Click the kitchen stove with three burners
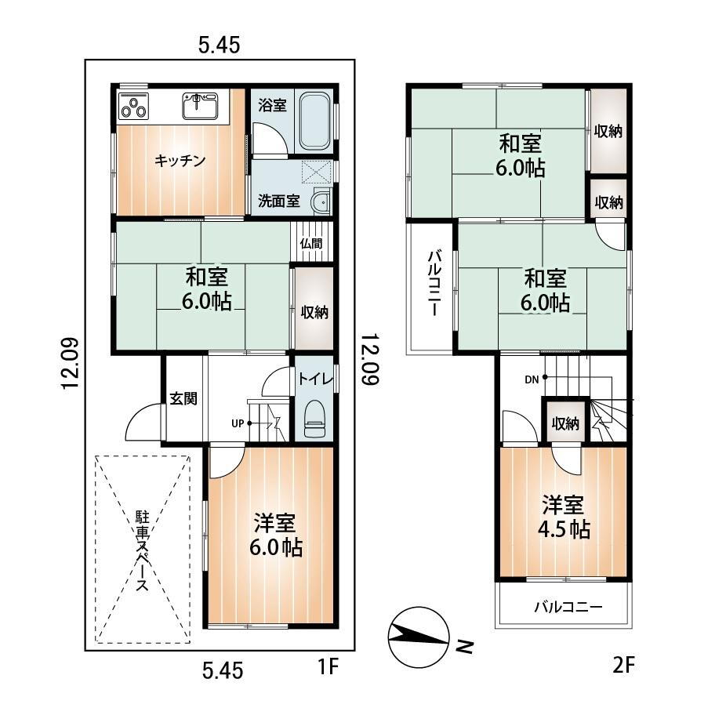click(x=134, y=106)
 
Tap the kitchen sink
click(x=200, y=105)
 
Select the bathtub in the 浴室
click(x=314, y=121)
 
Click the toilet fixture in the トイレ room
click(x=314, y=419)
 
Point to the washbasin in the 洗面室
click(x=321, y=201)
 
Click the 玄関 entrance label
click(x=183, y=398)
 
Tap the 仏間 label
click(x=311, y=244)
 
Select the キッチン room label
click(x=180, y=161)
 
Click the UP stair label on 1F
click(x=238, y=423)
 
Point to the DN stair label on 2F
click(x=532, y=379)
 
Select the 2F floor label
click(x=623, y=666)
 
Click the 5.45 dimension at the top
click(x=219, y=45)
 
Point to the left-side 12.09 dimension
click(x=72, y=364)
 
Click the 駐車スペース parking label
click(x=142, y=551)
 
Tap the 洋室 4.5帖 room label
click(x=564, y=517)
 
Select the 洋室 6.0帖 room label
click(x=276, y=535)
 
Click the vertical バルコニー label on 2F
click(x=434, y=282)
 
